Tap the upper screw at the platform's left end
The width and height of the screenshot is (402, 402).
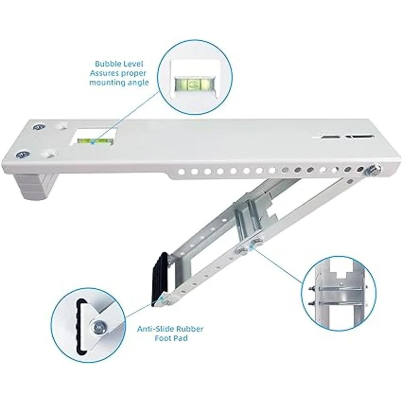point(39,127)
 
